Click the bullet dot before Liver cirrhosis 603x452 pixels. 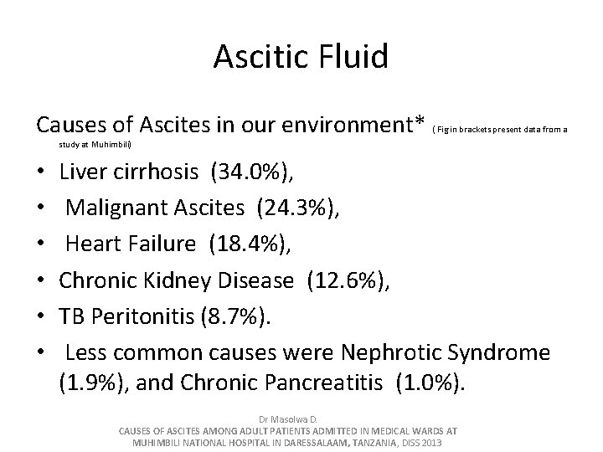point(41,174)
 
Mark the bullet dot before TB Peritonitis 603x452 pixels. point(41,316)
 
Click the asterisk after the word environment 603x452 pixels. point(420,122)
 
